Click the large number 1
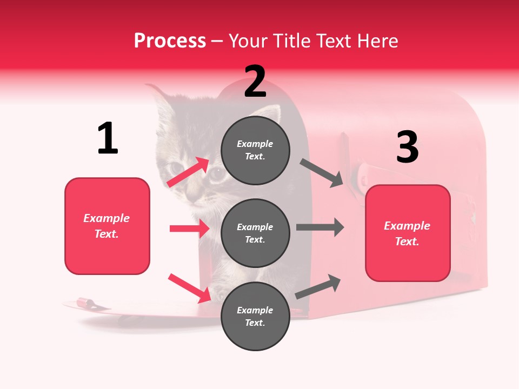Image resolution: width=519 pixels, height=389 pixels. point(108,139)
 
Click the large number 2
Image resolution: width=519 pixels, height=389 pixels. point(255,82)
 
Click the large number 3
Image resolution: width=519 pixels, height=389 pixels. point(407,147)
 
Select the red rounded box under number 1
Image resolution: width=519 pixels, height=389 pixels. point(107,226)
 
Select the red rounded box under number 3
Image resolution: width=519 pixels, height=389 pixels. point(408,233)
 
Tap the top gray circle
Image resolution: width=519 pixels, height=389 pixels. point(255,150)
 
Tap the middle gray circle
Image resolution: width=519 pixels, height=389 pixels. point(255,233)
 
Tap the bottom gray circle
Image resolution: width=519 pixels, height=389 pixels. point(255,316)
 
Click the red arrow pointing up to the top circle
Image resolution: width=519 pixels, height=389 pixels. point(188,172)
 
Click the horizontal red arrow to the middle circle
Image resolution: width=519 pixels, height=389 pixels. point(189,229)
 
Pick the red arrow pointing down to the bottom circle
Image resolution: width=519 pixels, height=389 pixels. point(189,287)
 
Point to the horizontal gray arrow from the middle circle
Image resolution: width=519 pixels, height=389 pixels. point(320,227)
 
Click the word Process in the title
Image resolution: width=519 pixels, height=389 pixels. point(170,41)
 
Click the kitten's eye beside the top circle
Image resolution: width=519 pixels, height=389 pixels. point(217,175)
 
